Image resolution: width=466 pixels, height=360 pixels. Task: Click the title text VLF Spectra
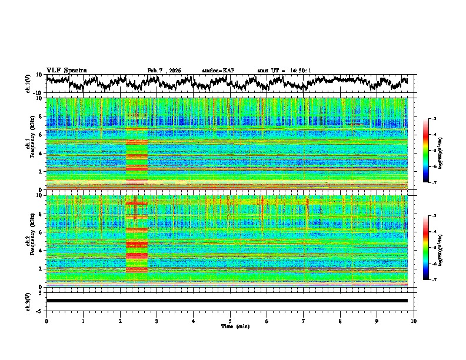(x=66, y=70)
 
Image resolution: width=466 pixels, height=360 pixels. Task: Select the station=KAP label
(x=218, y=71)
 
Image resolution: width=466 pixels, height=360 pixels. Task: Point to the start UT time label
(x=284, y=71)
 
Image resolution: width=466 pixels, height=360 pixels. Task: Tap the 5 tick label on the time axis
(x=230, y=321)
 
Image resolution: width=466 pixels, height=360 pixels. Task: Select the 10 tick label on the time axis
(x=414, y=321)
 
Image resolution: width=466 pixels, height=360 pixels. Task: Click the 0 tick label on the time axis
(x=46, y=321)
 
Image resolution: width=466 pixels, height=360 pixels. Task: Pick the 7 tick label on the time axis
(x=304, y=321)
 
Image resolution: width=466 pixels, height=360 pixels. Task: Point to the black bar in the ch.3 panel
(x=227, y=301)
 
